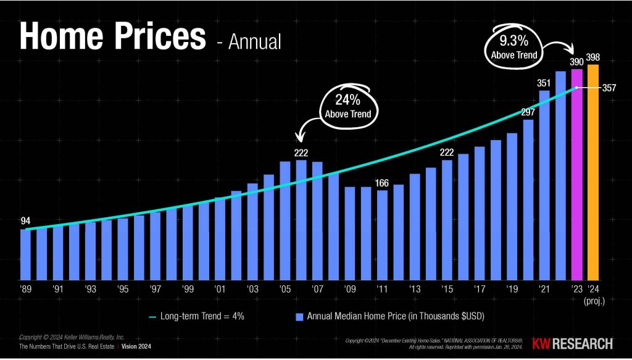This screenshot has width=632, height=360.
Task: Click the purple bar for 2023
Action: click(x=576, y=176)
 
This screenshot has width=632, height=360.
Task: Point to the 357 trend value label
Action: click(x=610, y=88)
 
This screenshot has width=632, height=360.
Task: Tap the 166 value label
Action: click(x=382, y=182)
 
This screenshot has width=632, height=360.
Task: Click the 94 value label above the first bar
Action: click(x=25, y=220)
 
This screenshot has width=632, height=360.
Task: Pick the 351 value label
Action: click(x=543, y=83)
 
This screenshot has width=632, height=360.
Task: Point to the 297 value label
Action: click(x=528, y=112)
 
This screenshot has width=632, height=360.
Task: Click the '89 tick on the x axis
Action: click(x=25, y=289)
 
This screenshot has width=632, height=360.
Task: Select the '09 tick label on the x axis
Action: click(x=350, y=289)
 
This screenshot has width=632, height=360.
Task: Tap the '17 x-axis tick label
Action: click(x=480, y=289)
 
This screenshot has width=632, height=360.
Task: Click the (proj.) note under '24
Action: click(x=593, y=301)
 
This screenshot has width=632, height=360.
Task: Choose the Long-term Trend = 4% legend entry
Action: click(x=197, y=317)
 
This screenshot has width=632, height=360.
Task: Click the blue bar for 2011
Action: click(x=382, y=235)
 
